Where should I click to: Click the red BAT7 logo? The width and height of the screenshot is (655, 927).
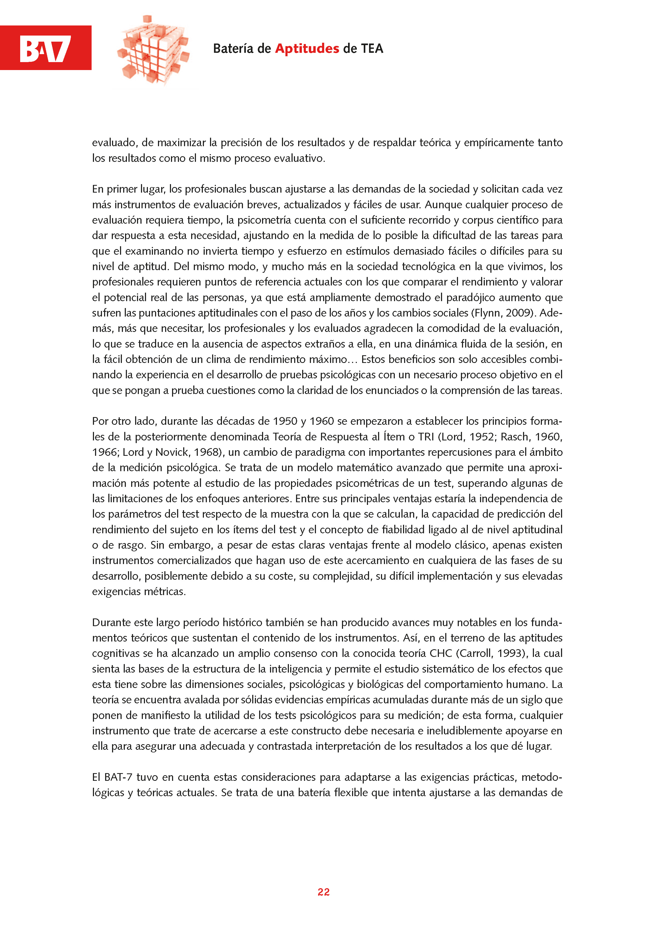tap(46, 48)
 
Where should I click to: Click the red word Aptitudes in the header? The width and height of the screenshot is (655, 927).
tap(307, 49)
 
